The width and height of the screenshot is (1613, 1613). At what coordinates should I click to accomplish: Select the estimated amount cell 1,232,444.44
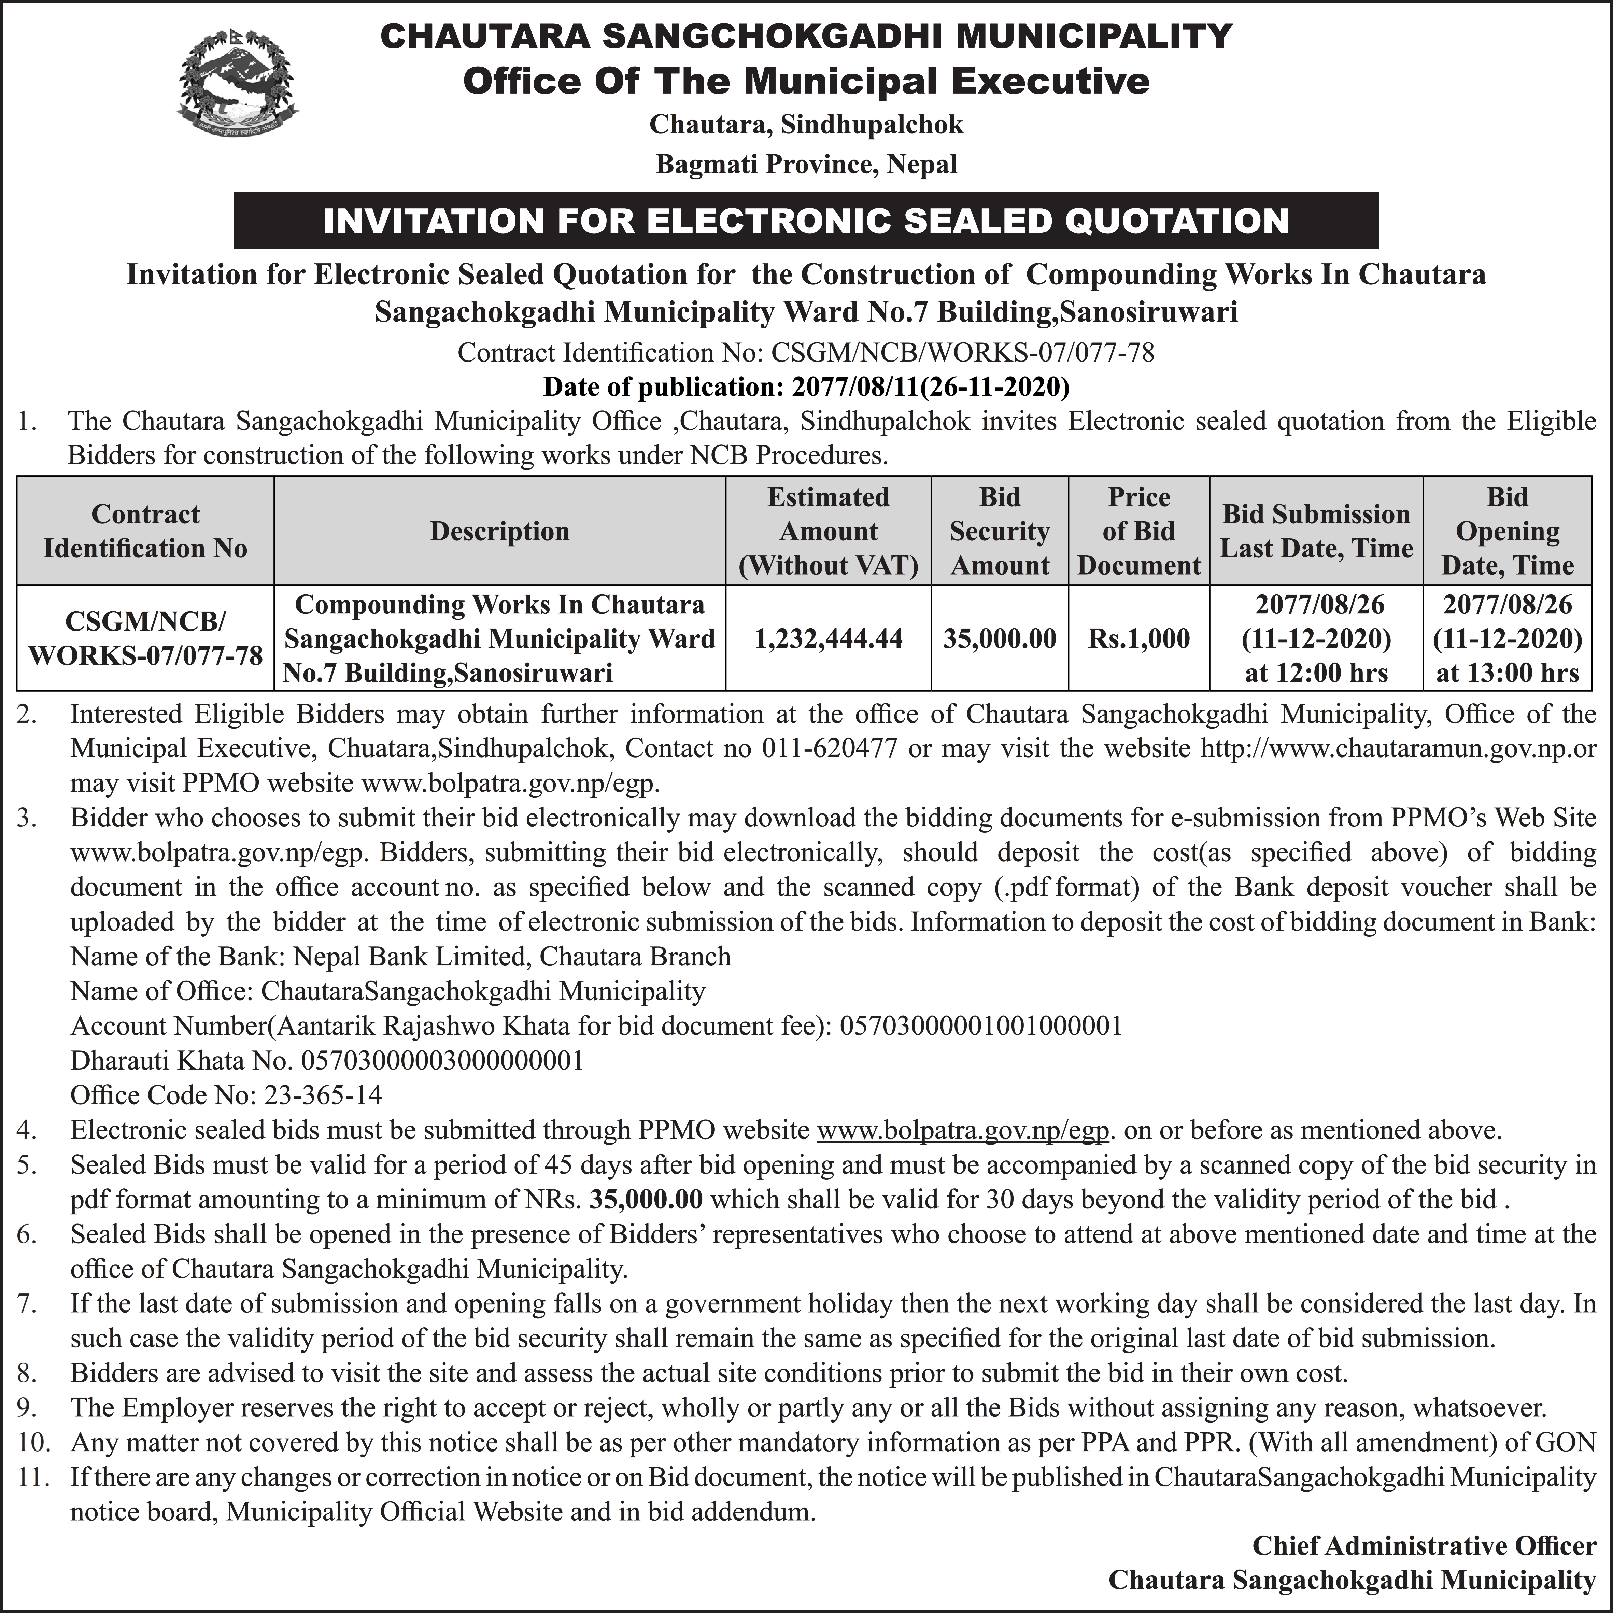point(828,639)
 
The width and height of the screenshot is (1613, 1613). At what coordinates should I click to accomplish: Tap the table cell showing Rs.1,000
point(1139,639)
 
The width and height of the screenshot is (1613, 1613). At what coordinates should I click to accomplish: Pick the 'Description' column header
point(499,531)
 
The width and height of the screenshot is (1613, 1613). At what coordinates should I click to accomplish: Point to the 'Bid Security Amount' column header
point(999,531)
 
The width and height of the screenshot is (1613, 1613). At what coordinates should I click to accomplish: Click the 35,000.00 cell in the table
point(999,639)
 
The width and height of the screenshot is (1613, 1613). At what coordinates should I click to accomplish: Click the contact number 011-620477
point(829,748)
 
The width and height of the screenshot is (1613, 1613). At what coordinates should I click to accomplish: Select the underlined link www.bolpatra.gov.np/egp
point(963,1130)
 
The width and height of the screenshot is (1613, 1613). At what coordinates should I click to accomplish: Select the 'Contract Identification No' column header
point(145,531)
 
